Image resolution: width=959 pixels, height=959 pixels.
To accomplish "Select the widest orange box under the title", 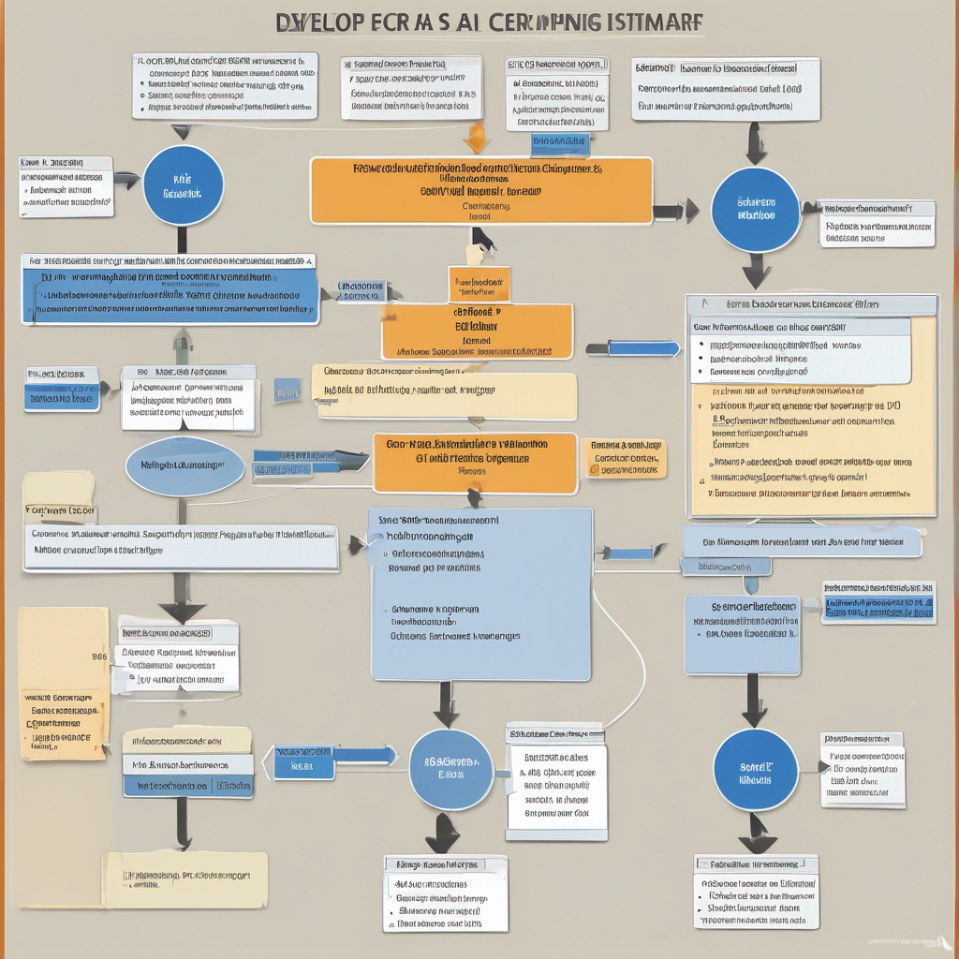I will click(x=480, y=191).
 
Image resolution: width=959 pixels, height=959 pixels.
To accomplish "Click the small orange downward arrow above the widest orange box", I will click(x=477, y=140).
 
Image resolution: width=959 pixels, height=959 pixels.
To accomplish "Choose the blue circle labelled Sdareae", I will click(x=755, y=210).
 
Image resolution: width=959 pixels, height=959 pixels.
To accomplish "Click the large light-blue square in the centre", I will click(x=481, y=594).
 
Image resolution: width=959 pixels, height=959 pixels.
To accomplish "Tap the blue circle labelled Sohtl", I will click(x=755, y=771).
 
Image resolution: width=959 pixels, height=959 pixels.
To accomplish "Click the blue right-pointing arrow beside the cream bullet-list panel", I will click(x=633, y=348).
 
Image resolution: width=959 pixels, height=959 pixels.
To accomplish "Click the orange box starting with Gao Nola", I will click(x=475, y=462).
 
